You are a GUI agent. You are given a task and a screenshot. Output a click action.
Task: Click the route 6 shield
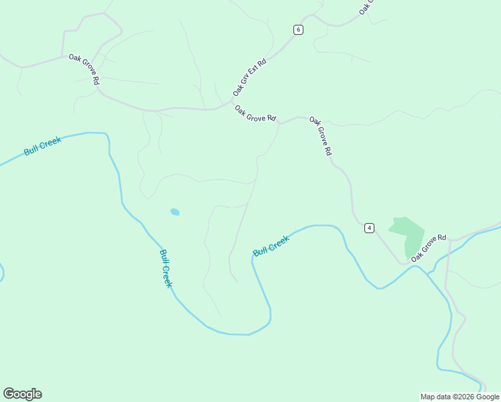[298, 29]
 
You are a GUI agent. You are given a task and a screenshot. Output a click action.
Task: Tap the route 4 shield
[369, 228]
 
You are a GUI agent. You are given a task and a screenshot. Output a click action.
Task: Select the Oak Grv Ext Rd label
[250, 76]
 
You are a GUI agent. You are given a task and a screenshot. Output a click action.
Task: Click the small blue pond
[175, 212]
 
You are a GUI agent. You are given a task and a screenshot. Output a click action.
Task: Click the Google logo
[22, 394]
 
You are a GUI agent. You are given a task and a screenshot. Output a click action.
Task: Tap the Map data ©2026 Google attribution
[459, 397]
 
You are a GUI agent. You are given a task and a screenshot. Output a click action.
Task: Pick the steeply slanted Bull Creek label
[166, 268]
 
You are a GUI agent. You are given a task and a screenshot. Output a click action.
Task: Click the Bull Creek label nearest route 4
[271, 246]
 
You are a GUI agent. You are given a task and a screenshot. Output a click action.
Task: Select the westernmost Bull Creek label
[42, 146]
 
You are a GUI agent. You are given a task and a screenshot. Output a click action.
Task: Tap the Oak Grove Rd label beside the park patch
[429, 248]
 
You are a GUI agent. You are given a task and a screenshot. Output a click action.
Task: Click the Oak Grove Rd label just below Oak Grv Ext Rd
[255, 113]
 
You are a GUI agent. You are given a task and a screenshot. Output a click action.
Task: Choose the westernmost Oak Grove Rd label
[84, 69]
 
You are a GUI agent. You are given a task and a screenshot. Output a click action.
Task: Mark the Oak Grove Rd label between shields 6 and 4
[320, 136]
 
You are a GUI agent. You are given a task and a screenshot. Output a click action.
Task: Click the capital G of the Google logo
[9, 394]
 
